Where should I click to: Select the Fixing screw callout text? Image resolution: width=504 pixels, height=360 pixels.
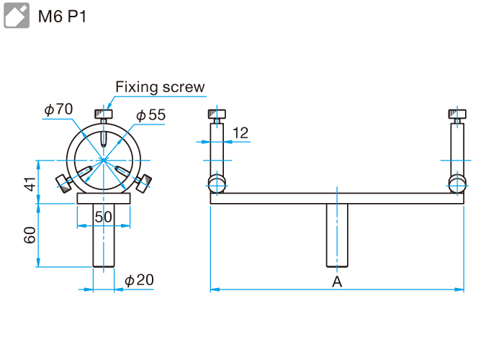[x=160, y=87]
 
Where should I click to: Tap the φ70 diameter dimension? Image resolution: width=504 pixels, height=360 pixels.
[x=58, y=109]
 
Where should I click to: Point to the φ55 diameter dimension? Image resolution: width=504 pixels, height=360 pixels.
[x=150, y=114]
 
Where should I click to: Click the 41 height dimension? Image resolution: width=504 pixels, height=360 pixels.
[x=30, y=184]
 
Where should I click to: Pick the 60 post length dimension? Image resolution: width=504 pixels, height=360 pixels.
[x=30, y=235]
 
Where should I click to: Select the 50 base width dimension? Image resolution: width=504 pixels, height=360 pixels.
[x=104, y=216]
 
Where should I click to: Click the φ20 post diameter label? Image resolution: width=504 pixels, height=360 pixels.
[x=139, y=279]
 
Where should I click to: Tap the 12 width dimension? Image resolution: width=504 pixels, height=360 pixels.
[x=240, y=132]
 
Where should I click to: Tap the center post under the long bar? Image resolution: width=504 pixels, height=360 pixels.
[x=336, y=235]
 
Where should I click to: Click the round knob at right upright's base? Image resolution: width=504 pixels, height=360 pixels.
[x=456, y=181]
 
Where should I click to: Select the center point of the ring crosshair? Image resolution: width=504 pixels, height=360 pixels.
[x=104, y=159]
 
